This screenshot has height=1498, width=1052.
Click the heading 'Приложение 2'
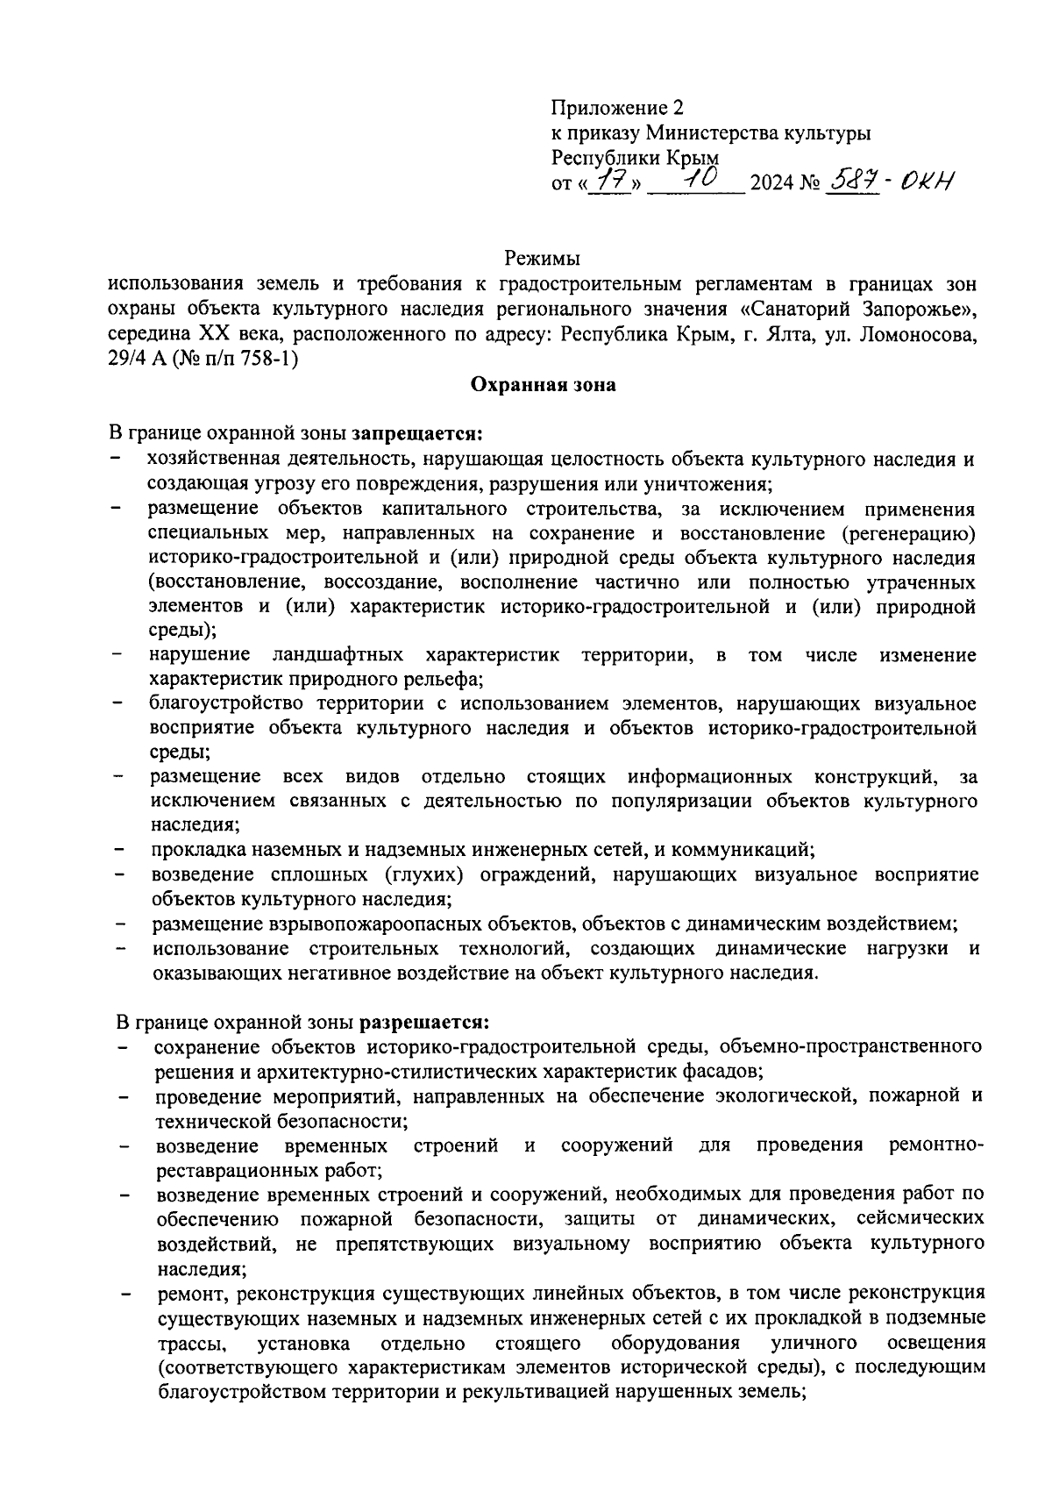click(616, 108)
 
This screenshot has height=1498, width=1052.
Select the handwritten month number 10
click(698, 178)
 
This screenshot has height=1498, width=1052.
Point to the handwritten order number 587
click(853, 182)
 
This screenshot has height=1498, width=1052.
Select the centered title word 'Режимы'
click(543, 259)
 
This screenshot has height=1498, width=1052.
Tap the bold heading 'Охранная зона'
click(543, 384)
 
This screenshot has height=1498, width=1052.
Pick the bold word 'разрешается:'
click(424, 1023)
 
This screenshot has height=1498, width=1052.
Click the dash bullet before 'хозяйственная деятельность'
click(117, 460)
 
